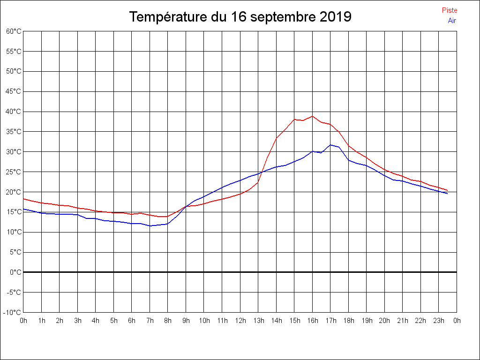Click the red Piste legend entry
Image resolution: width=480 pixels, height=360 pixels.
pos(449,10)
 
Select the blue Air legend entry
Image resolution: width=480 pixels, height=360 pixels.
pos(452,21)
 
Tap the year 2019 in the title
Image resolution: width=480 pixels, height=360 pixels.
pos(336,17)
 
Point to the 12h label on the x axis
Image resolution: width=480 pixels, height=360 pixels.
pos(240,321)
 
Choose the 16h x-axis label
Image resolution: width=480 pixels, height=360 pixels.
pos(312,321)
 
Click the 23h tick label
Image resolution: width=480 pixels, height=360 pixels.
pos(438,321)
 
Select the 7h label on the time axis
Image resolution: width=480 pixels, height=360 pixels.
pos(150,321)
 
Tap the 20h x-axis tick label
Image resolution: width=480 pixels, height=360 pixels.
pos(384,321)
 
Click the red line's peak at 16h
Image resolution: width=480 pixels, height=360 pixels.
pos(312,116)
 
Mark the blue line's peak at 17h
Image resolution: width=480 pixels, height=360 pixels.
pos(330,145)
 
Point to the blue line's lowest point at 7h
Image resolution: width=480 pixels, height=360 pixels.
pos(150,226)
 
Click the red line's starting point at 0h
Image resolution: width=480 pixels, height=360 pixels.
pos(23,199)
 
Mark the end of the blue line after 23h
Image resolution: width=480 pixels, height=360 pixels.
pos(447,194)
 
